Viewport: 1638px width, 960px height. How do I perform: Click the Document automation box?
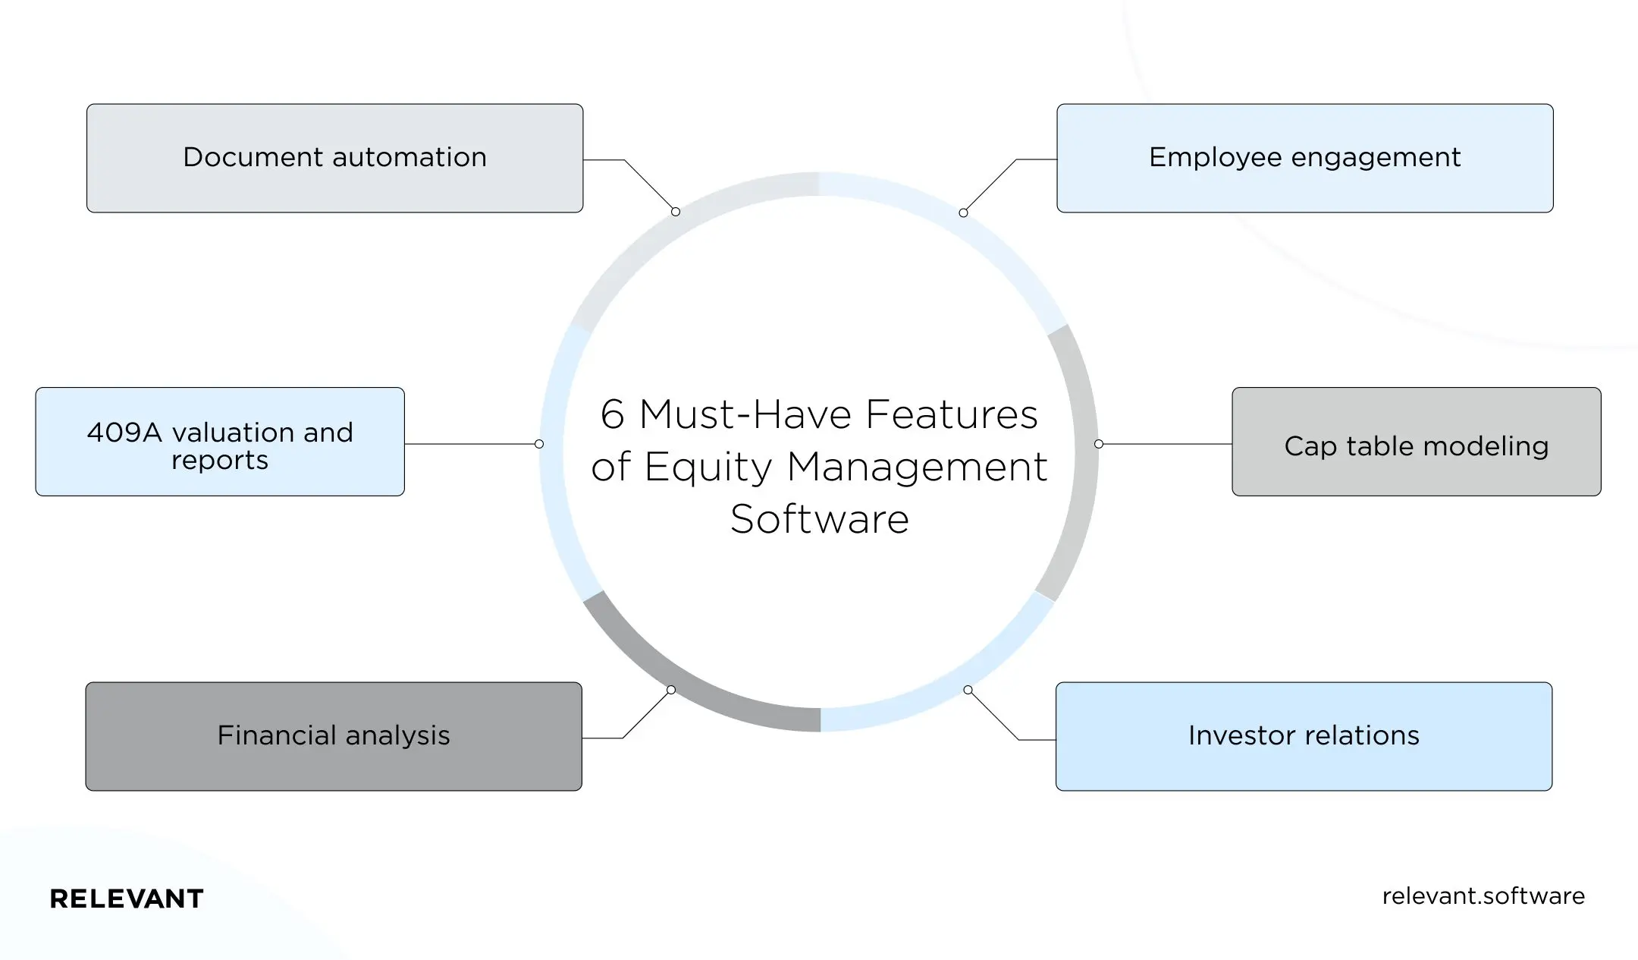pos(334,158)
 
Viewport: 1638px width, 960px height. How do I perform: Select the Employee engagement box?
pos(1304,158)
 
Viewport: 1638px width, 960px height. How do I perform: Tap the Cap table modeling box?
pos(1416,442)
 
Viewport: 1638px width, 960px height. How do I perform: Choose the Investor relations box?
pos(1304,736)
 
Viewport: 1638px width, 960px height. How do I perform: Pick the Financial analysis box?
pos(334,736)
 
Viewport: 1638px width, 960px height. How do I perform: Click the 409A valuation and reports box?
pos(220,442)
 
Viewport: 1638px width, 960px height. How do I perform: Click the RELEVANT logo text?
pos(127,899)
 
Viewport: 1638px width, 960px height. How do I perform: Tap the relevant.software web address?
pos(1483,896)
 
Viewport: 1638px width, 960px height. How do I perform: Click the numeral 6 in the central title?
pos(612,415)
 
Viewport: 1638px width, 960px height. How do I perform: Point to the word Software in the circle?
pos(819,520)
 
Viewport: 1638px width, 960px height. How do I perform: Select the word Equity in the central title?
pos(708,467)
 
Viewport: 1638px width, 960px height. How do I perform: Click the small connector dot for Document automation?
pos(676,212)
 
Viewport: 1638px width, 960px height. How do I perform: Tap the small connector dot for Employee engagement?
pos(963,212)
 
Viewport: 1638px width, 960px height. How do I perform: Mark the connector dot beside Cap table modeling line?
pos(1099,444)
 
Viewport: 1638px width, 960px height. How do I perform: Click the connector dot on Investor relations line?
pos(968,690)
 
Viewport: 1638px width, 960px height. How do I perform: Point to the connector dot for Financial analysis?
pos(671,690)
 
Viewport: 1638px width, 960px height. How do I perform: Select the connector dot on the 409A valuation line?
pos(539,444)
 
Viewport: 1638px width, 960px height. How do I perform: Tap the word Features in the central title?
pos(951,415)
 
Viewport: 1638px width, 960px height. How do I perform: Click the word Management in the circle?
pos(917,467)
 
